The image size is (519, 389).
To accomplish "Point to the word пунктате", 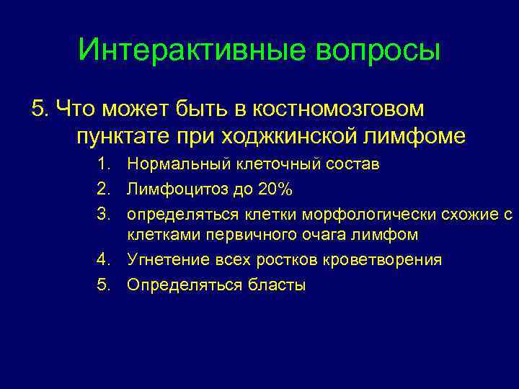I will click(120, 135).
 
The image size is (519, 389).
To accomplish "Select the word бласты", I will click(278, 285).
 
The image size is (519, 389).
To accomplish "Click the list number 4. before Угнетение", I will click(105, 259).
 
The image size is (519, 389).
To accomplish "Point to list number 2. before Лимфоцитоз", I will click(105, 189).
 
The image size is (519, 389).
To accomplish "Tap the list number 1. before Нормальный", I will click(105, 164).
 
